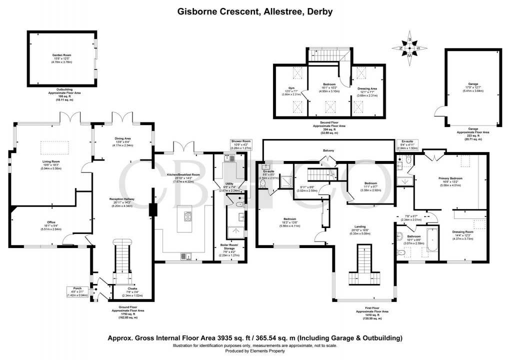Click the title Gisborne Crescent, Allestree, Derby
click(x=255, y=10)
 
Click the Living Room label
click(x=51, y=161)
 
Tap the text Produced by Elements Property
click(x=255, y=351)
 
